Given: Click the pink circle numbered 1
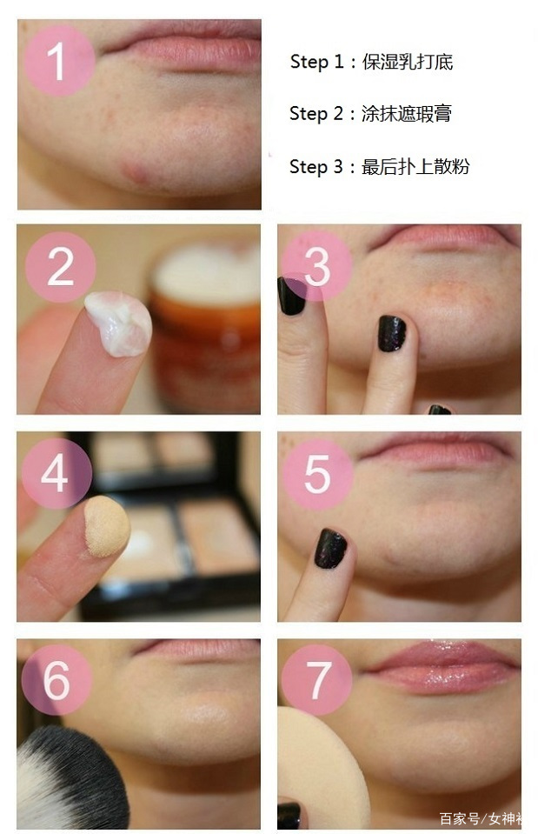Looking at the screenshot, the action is click(x=59, y=61).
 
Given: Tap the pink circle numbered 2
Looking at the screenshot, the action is click(x=60, y=267).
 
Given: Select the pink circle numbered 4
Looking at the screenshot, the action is click(x=56, y=473).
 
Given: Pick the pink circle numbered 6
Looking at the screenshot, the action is click(x=56, y=680).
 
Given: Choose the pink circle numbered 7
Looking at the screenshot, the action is click(x=317, y=680).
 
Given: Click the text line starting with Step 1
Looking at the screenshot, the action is click(x=372, y=63).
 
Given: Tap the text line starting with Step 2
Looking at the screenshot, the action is click(x=370, y=114).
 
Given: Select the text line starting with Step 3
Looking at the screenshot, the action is click(x=380, y=166).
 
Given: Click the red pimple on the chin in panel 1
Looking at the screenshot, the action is click(x=136, y=173).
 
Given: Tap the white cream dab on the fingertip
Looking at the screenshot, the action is click(x=118, y=324).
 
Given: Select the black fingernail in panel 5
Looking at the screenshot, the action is click(x=330, y=549).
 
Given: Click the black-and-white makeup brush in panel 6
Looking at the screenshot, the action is click(x=72, y=777).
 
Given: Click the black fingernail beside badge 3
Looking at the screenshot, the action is click(x=291, y=295).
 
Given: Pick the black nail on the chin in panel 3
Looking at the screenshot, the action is click(x=392, y=333).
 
